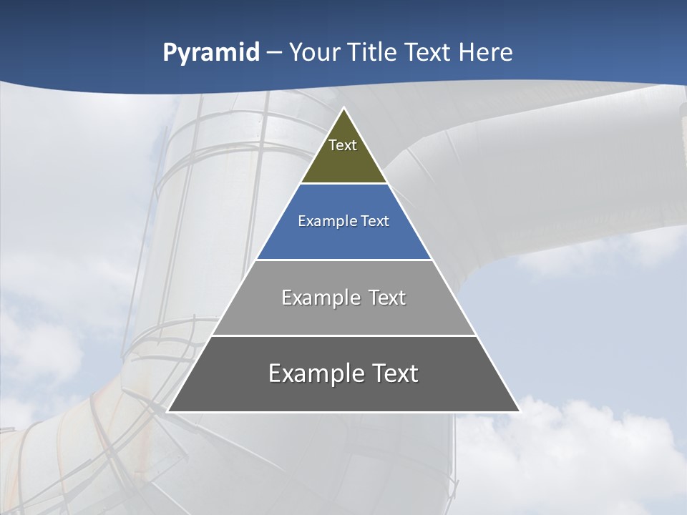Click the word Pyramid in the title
[211, 53]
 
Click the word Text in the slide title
[428, 52]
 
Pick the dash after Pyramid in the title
[273, 53]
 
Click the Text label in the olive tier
[343, 145]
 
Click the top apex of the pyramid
[343, 108]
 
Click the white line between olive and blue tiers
[343, 184]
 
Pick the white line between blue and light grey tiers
[343, 260]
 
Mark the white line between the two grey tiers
[343, 335]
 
